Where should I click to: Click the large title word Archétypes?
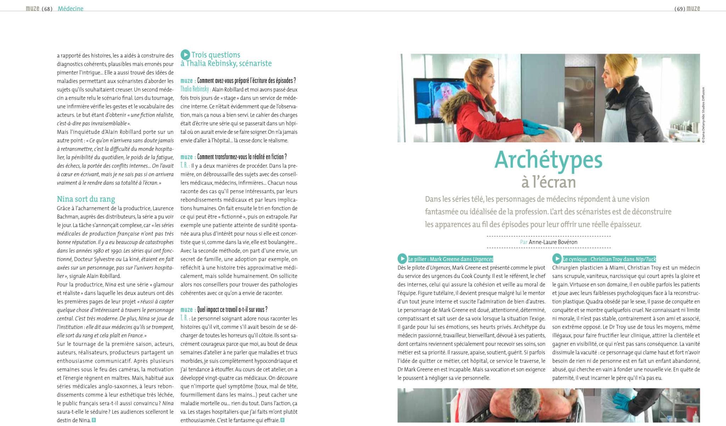tap(548, 160)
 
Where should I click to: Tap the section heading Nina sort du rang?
tap(86, 199)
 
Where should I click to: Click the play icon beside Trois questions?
tap(185, 55)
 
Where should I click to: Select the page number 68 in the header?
tap(47, 9)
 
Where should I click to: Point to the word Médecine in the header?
tap(71, 9)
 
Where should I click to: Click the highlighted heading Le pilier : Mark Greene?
tap(451, 259)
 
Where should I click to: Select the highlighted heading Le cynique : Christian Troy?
tap(609, 259)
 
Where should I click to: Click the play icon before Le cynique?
tap(557, 259)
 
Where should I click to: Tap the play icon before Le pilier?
tap(402, 259)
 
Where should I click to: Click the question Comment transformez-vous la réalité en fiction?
tap(242, 157)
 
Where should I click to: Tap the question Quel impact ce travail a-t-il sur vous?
tap(232, 310)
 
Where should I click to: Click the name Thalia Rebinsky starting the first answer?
tap(195, 89)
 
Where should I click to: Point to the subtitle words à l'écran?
tap(548, 182)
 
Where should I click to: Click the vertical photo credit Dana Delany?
tap(703, 115)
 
